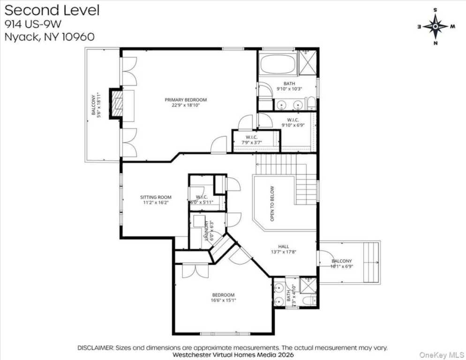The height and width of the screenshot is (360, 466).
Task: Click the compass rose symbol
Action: click(x=436, y=26)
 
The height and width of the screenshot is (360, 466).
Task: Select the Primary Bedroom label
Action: click(x=185, y=99)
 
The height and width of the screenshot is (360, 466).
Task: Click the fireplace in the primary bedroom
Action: click(x=116, y=104)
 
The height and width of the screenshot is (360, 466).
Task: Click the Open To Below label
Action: click(x=272, y=203)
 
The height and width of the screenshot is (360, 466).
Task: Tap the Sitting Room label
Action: click(x=156, y=197)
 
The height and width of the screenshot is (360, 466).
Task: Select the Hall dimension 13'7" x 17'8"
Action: click(x=283, y=252)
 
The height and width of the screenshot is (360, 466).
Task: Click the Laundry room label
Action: click(x=206, y=231)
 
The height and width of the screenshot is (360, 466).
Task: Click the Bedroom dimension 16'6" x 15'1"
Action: click(x=223, y=300)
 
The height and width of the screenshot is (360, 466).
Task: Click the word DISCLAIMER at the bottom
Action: click(x=95, y=348)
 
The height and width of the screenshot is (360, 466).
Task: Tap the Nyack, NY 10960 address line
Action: click(x=49, y=36)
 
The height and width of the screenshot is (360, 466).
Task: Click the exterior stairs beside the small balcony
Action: click(x=372, y=262)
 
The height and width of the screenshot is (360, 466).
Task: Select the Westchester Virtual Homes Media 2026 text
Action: click(x=233, y=354)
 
